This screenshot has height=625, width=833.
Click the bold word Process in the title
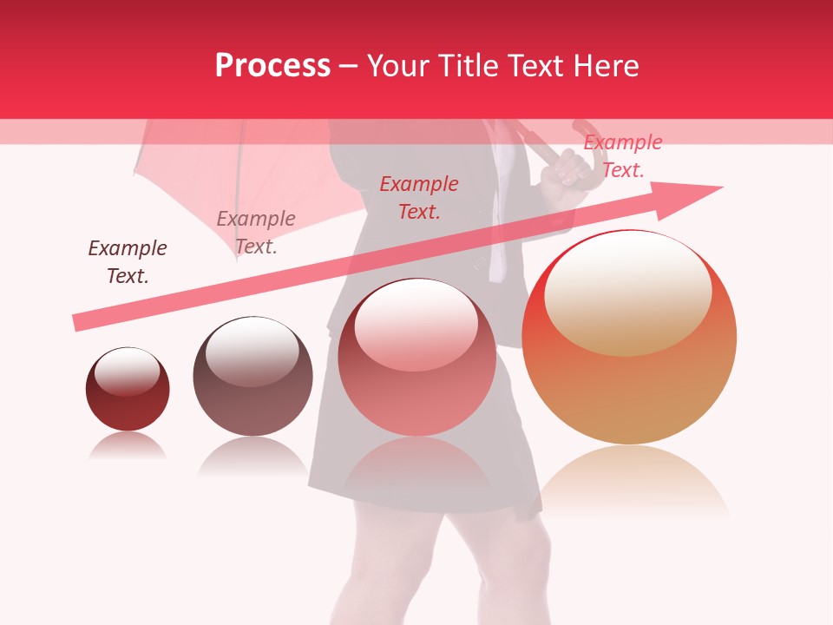(272, 66)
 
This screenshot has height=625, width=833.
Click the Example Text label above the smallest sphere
(128, 261)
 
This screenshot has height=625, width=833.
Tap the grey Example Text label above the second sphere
(256, 233)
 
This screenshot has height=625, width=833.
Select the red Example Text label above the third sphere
(419, 197)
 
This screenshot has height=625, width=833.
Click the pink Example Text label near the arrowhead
(622, 156)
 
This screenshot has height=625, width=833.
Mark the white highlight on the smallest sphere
(127, 372)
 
